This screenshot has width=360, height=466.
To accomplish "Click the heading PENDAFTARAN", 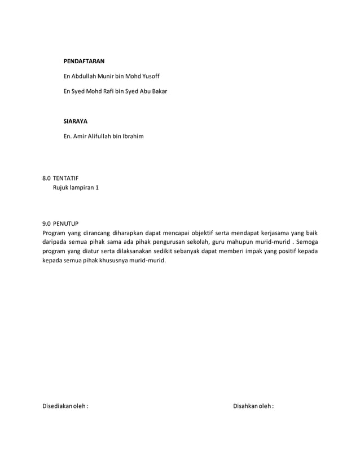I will click(84, 60).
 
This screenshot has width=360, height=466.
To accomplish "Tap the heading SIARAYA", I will click(75, 121).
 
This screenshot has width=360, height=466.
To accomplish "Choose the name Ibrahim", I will click(133, 136).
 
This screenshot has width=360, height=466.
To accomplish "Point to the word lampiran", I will click(82, 187).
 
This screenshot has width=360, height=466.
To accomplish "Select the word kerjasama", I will click(267, 232).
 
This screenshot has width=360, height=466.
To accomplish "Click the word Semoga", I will click(305, 241).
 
